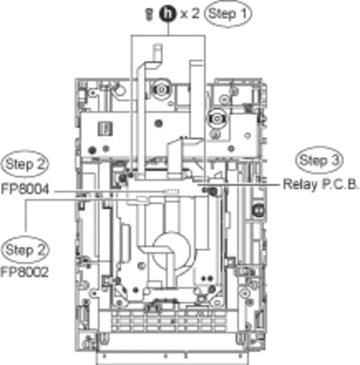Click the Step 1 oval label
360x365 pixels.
coord(228,13)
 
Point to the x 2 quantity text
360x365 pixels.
coord(190,13)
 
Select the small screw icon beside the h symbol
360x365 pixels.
coord(147,14)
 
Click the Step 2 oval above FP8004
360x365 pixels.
coord(25,165)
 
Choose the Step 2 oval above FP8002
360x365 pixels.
coord(25,250)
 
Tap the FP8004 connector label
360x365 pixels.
coord(25,190)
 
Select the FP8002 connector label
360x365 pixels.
coord(25,272)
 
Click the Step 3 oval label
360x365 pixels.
coord(319,160)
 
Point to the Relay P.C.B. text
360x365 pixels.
coord(321,184)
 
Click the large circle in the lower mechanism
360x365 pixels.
coord(171,250)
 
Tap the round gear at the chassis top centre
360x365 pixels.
coord(161,89)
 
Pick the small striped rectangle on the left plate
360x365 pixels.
coord(105,129)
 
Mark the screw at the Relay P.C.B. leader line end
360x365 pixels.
coord(212,191)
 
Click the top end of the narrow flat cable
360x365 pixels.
coord(157,47)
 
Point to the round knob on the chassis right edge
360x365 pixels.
coord(257,210)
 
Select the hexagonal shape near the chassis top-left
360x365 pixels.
coord(120,89)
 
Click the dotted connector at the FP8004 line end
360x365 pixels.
coord(171,191)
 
